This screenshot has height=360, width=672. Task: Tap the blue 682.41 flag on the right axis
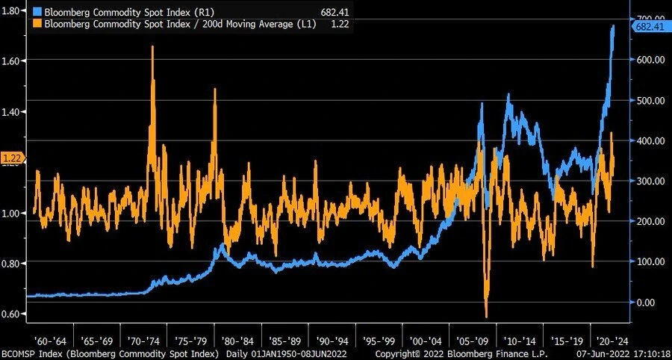point(649,27)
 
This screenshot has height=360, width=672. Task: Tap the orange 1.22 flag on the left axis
point(13,158)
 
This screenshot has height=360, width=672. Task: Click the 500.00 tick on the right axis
point(650,100)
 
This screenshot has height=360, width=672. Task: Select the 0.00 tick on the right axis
point(647,302)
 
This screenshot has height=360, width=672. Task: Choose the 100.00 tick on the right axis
point(650,261)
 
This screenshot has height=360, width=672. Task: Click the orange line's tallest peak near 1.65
point(152,47)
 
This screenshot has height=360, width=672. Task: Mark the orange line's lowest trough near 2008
point(486,316)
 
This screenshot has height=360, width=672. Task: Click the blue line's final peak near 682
point(614,26)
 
